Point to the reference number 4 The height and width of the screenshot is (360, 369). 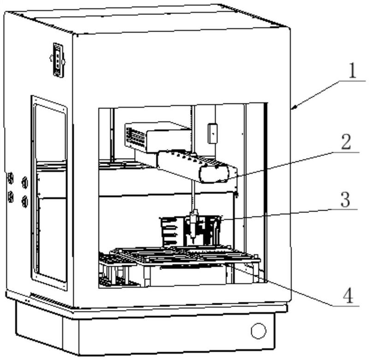pyautogui.click(x=347, y=295)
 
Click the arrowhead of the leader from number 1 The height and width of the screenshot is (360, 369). pyautogui.click(x=294, y=108)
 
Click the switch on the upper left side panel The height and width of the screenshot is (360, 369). pyautogui.click(x=58, y=60)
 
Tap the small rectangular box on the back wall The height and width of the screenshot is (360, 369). pyautogui.click(x=212, y=133)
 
